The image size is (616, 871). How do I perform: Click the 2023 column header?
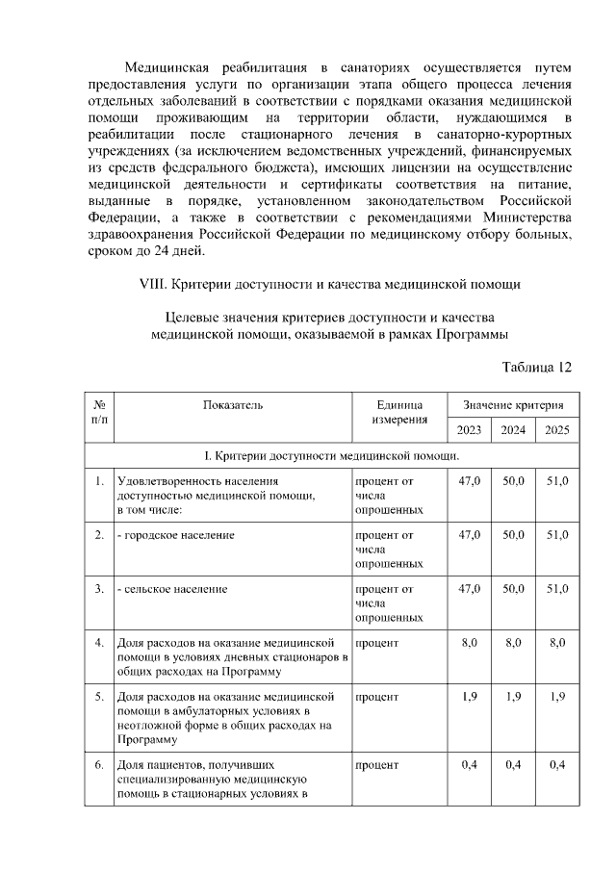click(469, 429)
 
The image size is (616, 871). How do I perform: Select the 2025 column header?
click(556, 429)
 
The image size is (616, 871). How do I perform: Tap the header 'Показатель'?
click(232, 405)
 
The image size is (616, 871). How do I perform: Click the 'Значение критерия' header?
click(513, 405)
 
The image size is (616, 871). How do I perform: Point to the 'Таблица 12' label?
click(537, 367)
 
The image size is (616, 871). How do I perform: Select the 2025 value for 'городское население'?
click(556, 534)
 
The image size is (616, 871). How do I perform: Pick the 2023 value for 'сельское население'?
click(469, 587)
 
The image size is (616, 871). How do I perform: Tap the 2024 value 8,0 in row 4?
click(513, 641)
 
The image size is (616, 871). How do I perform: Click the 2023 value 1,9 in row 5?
click(469, 696)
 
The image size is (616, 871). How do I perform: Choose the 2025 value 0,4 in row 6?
click(556, 765)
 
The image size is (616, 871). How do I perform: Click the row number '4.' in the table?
click(99, 641)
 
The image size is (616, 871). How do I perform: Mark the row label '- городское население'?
click(175, 534)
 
